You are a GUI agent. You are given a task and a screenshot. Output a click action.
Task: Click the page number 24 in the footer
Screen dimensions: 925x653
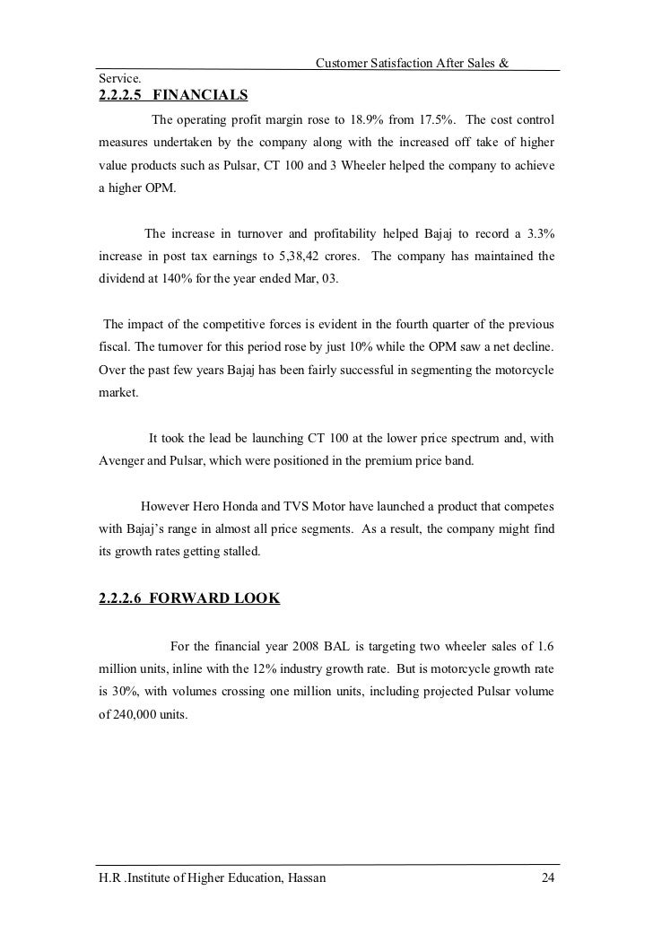tap(548, 877)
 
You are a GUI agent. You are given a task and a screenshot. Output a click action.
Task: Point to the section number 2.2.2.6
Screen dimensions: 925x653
tap(121, 598)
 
